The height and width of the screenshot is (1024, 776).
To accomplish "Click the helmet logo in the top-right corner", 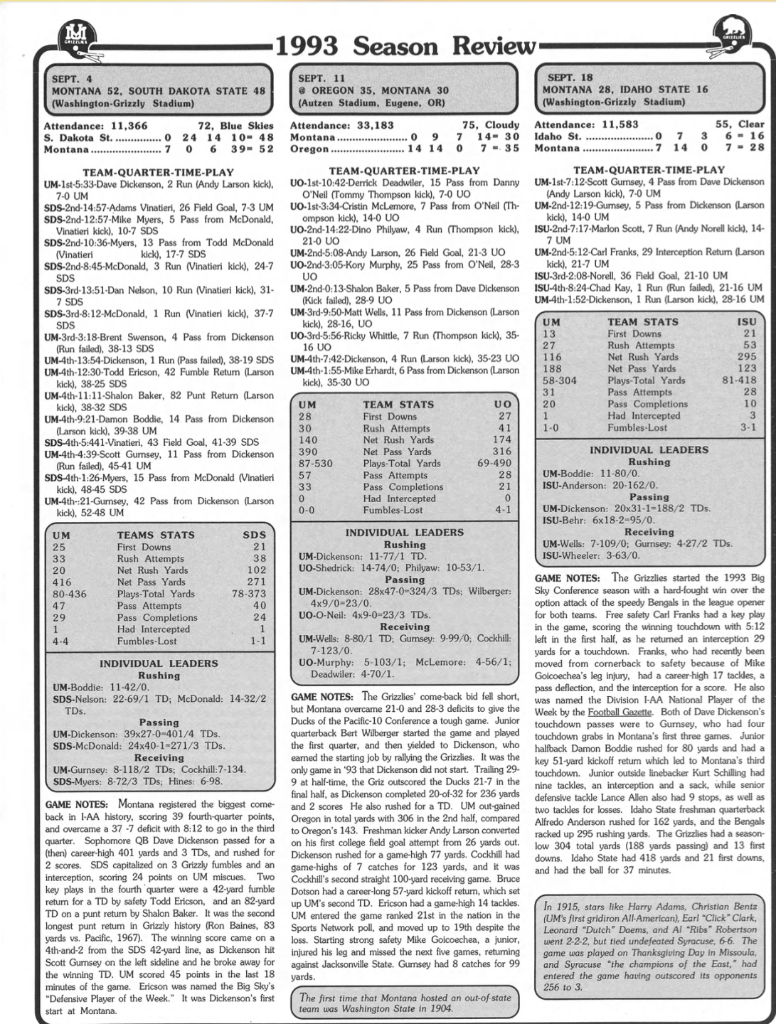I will tap(733, 36).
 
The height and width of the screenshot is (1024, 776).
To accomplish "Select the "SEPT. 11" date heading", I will tap(321, 78).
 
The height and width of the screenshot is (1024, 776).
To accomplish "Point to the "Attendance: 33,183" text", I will tap(341, 125).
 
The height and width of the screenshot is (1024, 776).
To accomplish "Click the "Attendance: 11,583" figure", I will tap(585, 124).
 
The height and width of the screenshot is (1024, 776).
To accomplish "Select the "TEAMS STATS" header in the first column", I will tap(155, 535).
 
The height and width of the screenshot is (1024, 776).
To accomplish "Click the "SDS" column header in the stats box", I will tap(254, 535).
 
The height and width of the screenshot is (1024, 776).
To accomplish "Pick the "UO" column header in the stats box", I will tap(502, 404).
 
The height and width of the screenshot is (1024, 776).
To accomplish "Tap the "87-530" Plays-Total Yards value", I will tap(315, 463).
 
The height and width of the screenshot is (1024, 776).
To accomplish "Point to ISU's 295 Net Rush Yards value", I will tap(746, 357).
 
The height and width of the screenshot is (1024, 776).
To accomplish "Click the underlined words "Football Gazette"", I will tap(615, 712).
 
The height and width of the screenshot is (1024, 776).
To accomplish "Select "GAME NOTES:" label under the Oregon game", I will tap(321, 696).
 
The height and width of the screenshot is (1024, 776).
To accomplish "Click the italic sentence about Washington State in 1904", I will tap(405, 1003).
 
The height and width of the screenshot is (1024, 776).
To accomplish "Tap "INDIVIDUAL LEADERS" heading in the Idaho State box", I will tap(649, 449).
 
